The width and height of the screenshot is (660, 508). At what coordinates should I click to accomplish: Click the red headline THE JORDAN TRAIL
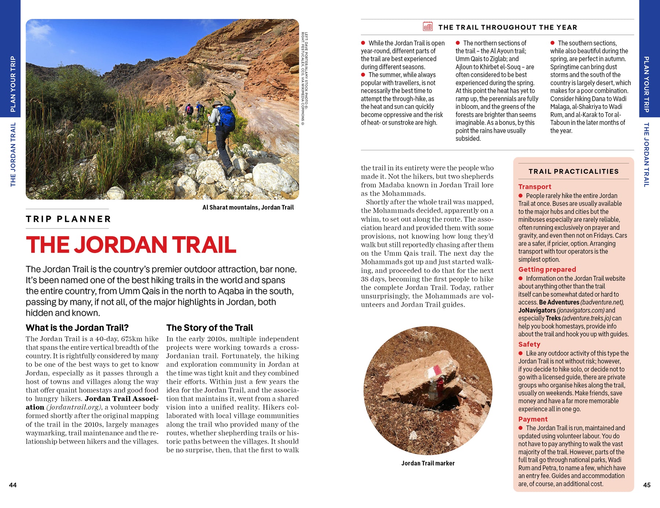[131, 245]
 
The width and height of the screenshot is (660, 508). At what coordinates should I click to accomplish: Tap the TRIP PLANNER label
[68, 219]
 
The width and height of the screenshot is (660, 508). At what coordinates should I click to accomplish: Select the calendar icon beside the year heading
[428, 26]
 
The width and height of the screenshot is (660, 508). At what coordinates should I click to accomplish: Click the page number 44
[13, 485]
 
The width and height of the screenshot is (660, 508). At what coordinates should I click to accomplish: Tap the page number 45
[647, 485]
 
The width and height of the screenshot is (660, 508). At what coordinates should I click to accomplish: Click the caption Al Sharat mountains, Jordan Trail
[248, 207]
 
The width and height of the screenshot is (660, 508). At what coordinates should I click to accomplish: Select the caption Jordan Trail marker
[428, 463]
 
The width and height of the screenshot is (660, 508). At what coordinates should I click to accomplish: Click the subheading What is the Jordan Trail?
[77, 328]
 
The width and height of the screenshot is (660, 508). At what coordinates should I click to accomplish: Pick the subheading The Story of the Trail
[209, 328]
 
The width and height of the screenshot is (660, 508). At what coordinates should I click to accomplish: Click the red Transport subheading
[535, 187]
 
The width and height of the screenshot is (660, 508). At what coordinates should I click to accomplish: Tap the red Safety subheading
[529, 344]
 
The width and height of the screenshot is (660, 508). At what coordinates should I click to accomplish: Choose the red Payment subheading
[533, 419]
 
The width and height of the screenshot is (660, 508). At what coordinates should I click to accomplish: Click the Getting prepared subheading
[547, 269]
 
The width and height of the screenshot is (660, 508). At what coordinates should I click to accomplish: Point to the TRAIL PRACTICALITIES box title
[573, 171]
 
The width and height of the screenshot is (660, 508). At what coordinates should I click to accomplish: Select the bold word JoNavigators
[537, 310]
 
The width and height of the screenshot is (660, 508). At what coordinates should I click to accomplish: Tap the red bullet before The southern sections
[553, 43]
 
